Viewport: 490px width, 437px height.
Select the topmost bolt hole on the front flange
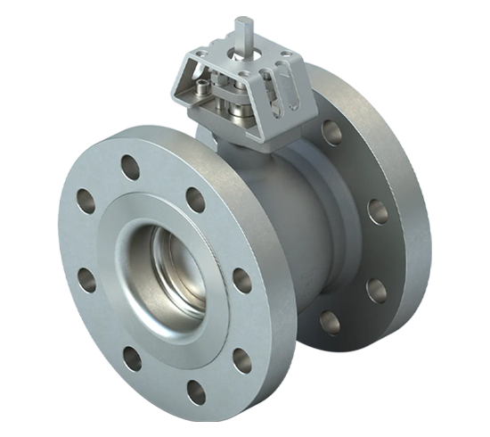pyautogui.click(x=130, y=167)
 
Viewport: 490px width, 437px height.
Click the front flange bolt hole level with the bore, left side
pyautogui.click(x=86, y=279)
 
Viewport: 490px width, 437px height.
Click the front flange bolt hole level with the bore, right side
pyautogui.click(x=241, y=280)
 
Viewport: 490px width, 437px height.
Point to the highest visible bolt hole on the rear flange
pyautogui.click(x=331, y=132)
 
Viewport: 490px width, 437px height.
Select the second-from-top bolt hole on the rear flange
pyautogui.click(x=377, y=210)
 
